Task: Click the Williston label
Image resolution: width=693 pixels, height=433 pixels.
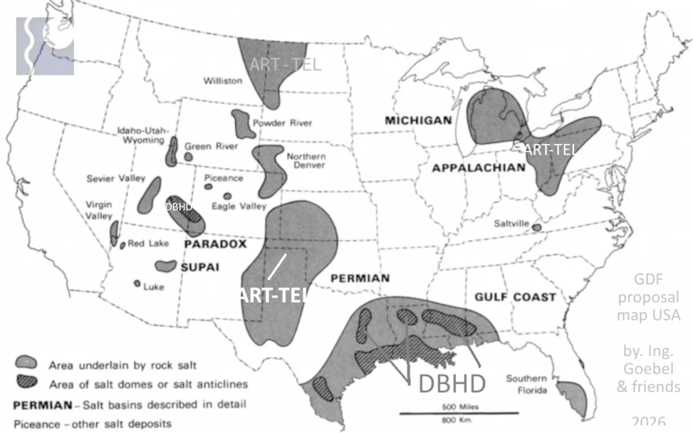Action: pos(222,80)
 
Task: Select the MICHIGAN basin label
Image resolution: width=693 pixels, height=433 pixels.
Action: pos(418,121)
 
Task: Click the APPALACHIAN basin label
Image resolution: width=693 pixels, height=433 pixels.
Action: pos(478,167)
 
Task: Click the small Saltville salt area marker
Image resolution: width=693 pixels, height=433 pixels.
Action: pos(536,226)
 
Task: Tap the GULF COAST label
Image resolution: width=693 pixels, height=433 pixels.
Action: pos(515,297)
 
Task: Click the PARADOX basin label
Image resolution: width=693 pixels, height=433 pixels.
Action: pos(215,244)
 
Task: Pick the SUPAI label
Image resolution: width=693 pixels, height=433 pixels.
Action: pos(199,266)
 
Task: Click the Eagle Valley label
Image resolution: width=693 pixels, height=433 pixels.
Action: pos(239,205)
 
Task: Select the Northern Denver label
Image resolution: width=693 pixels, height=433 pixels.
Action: pos(306,161)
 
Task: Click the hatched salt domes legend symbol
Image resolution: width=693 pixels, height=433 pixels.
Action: pos(29,385)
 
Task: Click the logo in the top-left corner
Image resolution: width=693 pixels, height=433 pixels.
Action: pos(44,45)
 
